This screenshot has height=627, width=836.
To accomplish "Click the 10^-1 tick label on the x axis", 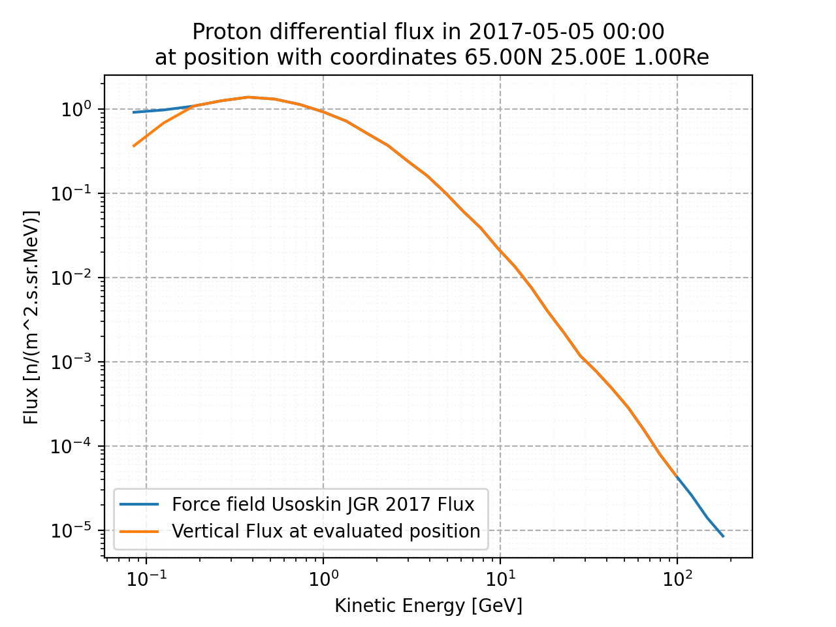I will [146, 577].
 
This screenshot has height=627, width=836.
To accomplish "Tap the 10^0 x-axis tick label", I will [323, 577].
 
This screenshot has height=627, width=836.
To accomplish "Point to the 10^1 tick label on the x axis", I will [500, 577].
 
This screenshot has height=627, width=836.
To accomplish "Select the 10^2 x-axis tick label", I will [677, 577].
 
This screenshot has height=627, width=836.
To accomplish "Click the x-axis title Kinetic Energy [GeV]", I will [428, 606].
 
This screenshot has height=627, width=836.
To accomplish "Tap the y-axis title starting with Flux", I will [31, 317].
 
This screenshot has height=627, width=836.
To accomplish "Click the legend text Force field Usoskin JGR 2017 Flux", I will [323, 504].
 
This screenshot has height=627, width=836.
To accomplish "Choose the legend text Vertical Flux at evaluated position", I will [326, 532].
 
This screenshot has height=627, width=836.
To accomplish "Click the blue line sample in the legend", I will [139, 504].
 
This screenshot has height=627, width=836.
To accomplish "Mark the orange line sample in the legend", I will [139, 532].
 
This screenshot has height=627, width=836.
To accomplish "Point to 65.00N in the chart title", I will [504, 57].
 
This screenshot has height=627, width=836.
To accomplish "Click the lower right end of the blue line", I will [723, 536].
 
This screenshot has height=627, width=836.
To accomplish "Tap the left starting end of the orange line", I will [134, 146].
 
